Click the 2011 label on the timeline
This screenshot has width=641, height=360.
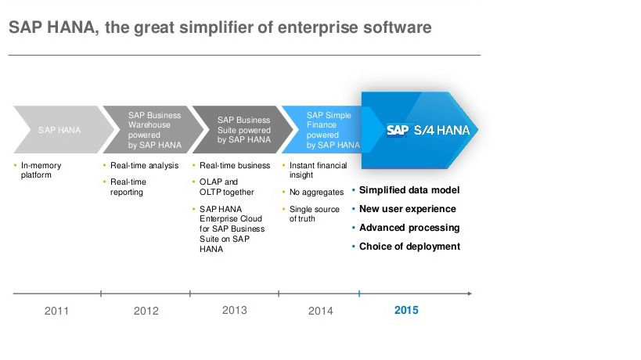click(x=56, y=311)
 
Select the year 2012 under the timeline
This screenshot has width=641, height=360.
click(x=146, y=311)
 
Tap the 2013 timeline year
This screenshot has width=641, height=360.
click(x=234, y=310)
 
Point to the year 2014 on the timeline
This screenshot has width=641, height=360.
click(x=321, y=311)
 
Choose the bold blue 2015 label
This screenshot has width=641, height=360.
click(x=406, y=310)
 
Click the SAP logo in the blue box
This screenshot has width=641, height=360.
click(x=398, y=131)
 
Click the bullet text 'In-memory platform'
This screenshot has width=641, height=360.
click(x=41, y=170)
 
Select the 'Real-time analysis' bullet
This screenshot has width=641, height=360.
click(x=144, y=165)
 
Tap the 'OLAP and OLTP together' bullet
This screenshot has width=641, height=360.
click(x=226, y=187)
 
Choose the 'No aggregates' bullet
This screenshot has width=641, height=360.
click(x=316, y=192)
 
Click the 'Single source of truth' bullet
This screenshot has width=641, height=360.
click(x=315, y=214)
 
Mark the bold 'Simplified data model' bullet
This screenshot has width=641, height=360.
click(x=409, y=190)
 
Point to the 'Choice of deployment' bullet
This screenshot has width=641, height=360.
click(x=409, y=247)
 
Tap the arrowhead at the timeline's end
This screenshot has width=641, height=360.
click(x=470, y=293)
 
